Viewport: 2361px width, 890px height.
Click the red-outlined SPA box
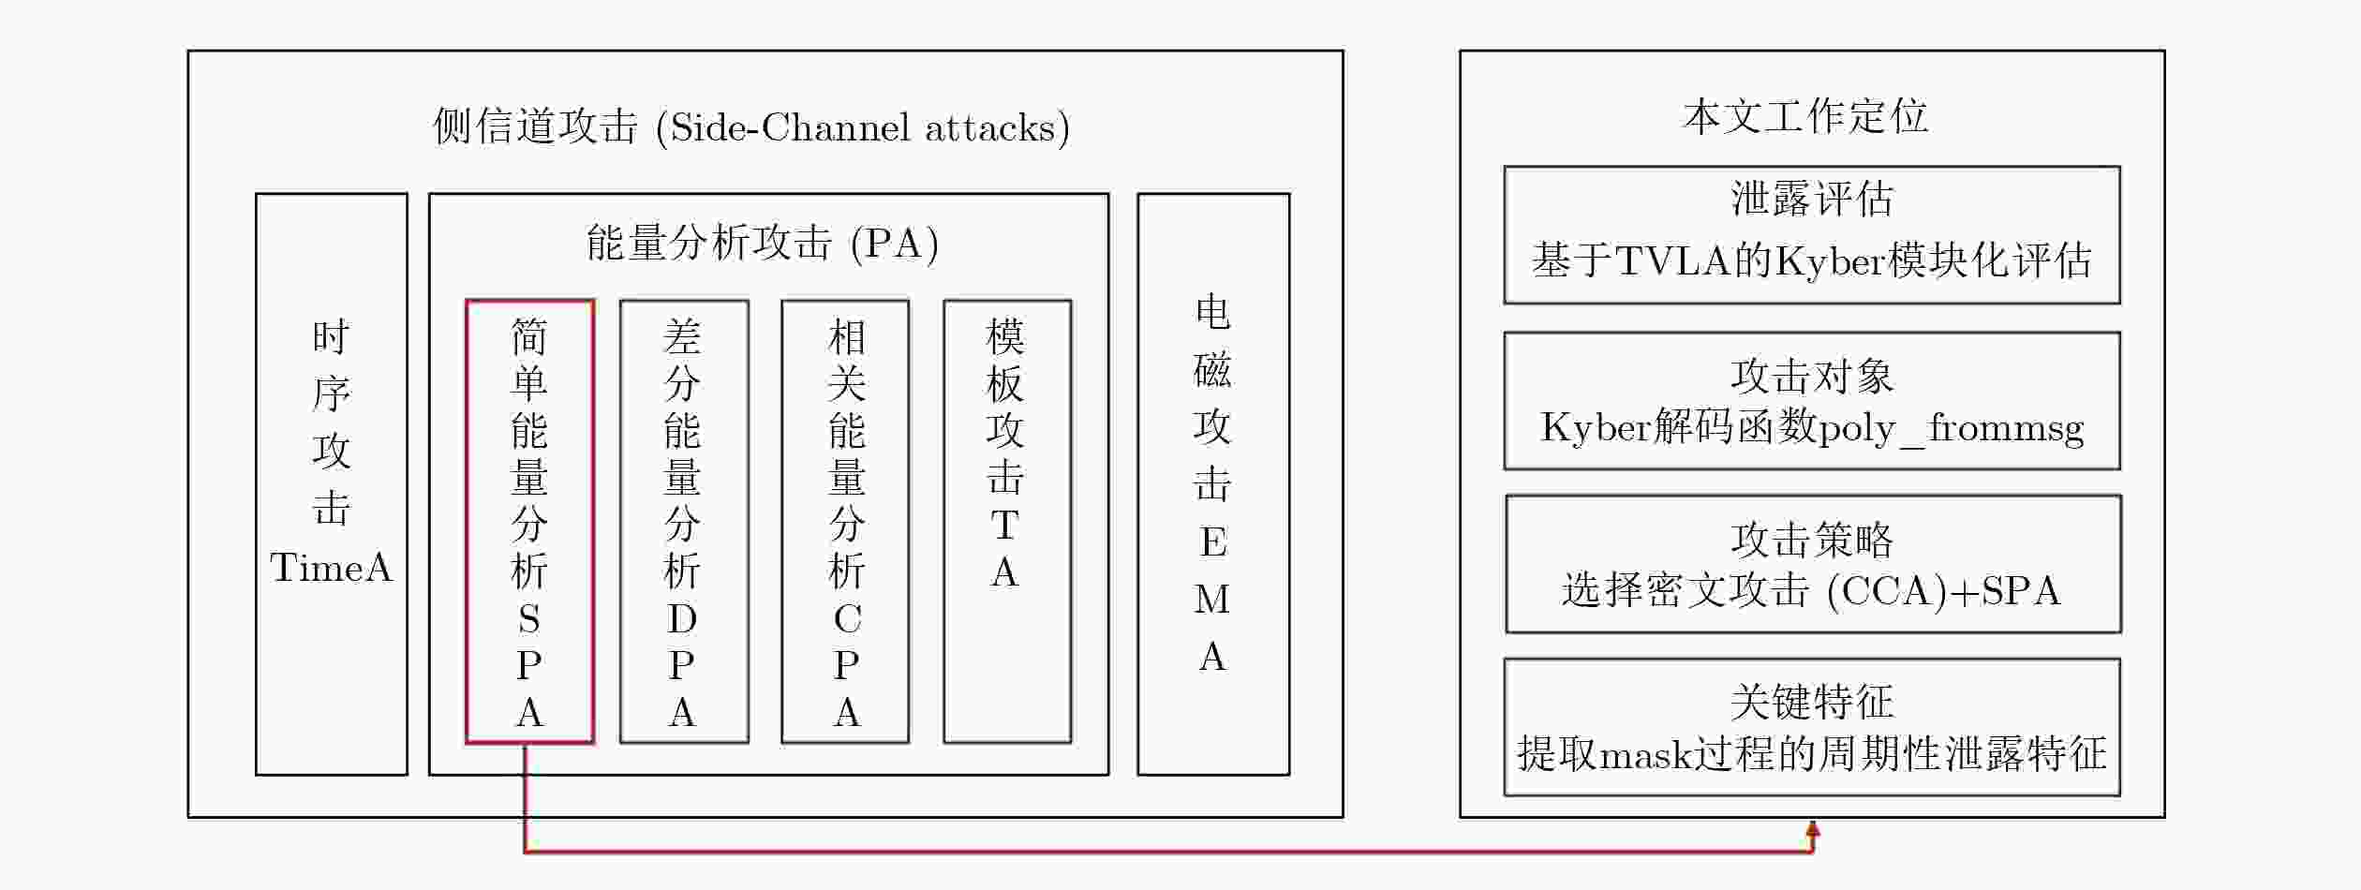[467, 521]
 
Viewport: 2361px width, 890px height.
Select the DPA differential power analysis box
[620, 521]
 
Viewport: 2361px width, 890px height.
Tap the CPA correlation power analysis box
[782, 521]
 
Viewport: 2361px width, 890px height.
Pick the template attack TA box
[944, 521]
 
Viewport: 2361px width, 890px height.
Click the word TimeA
[331, 568]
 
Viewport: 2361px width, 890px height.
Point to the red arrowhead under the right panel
[1813, 830]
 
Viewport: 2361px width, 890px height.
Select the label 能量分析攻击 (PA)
[763, 243]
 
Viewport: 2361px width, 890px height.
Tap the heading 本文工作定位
[1805, 117]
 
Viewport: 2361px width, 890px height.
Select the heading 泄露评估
[1812, 199]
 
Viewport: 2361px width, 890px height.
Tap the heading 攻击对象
[1812, 377]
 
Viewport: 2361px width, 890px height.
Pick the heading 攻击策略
[1812, 540]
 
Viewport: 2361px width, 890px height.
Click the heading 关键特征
[1812, 702]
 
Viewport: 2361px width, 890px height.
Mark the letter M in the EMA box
[1212, 600]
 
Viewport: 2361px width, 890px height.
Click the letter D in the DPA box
[682, 618]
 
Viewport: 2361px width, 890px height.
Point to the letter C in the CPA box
[847, 618]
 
